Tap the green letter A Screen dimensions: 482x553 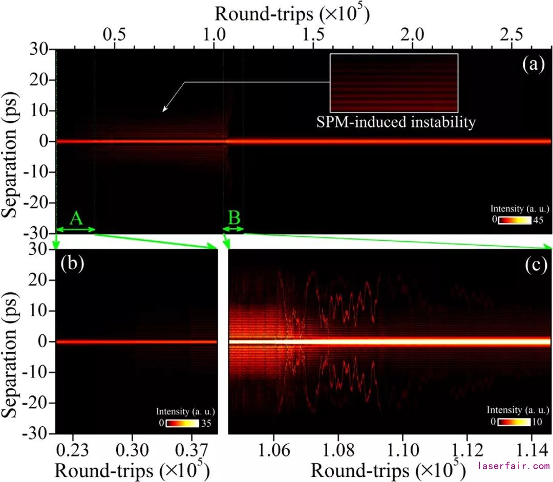coord(76,218)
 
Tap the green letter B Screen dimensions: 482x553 coord(234,218)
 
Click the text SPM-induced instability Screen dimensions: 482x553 coord(393,123)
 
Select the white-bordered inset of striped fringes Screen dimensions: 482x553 coord(393,83)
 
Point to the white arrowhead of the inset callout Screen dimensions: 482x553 coord(164,109)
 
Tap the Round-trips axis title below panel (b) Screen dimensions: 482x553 coord(131,469)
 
